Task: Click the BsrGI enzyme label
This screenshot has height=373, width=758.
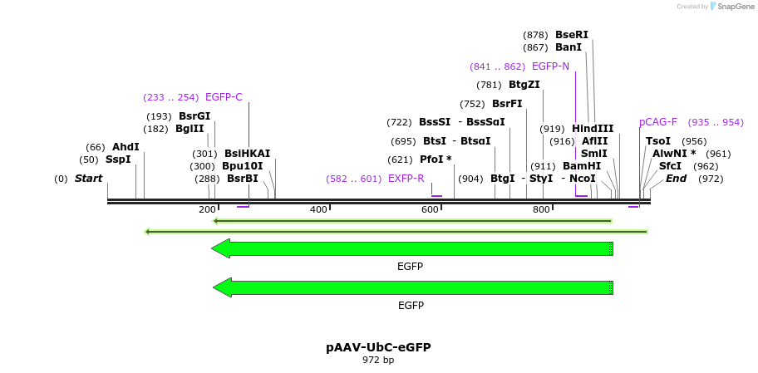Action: click(x=194, y=116)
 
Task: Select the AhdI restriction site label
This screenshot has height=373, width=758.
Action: click(x=126, y=147)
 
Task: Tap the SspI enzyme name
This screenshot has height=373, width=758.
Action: click(x=118, y=160)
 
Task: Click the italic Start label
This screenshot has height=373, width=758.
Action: click(x=88, y=179)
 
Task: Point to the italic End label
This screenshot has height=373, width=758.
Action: click(x=676, y=179)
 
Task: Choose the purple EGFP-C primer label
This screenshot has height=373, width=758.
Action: click(x=224, y=97)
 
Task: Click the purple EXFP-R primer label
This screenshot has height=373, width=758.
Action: click(x=406, y=179)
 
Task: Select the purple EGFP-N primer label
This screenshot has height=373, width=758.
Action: click(x=550, y=66)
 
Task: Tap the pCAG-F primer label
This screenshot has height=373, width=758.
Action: click(x=658, y=122)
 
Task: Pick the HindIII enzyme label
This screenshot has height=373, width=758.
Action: click(x=593, y=129)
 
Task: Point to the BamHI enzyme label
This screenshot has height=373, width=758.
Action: click(x=582, y=166)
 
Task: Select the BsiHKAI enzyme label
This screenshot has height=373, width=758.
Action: click(x=247, y=154)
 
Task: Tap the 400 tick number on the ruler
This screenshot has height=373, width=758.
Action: click(x=318, y=209)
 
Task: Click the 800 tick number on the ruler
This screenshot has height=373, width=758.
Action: click(x=541, y=209)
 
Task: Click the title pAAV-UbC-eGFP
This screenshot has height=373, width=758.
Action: click(x=378, y=347)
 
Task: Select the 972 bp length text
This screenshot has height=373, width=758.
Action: click(x=378, y=361)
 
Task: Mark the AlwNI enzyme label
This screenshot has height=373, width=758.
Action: click(x=674, y=154)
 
